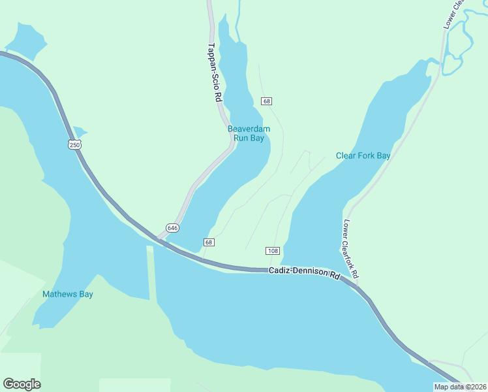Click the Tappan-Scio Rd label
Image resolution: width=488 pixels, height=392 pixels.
[215, 72]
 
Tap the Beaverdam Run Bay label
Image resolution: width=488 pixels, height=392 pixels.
[249, 133]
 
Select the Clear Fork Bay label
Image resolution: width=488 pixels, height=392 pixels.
[363, 155]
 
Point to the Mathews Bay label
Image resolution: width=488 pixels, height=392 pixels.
[68, 294]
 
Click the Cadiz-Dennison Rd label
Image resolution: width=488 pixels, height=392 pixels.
[305, 273]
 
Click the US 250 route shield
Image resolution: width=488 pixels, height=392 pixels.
[75, 144]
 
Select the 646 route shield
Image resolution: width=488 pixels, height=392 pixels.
[172, 227]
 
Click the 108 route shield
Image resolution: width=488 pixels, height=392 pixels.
[273, 251]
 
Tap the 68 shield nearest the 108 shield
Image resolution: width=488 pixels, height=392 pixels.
[208, 242]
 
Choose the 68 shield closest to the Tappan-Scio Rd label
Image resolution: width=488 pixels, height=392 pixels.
[266, 101]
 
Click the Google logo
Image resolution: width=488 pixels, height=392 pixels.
[22, 384]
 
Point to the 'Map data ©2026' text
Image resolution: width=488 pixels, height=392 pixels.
[460, 386]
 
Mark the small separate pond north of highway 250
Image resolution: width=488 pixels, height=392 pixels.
[25, 41]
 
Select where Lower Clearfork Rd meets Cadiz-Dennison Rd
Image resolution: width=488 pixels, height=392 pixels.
[358, 285]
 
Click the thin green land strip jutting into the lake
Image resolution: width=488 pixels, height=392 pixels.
[152, 274]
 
